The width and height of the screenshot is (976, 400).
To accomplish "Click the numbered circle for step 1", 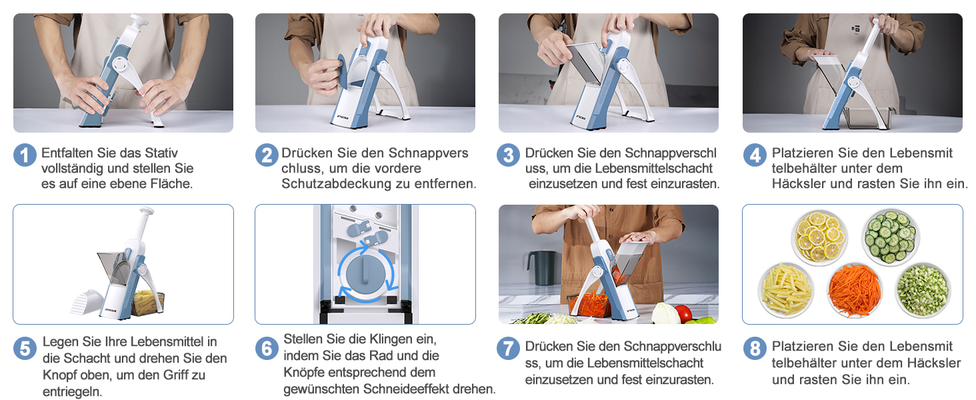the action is click(x=25, y=155).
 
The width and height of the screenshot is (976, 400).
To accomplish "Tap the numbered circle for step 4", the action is click(x=755, y=155).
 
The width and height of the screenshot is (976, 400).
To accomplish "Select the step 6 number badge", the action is click(x=267, y=349).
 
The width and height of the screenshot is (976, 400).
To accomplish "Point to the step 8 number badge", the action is click(x=755, y=349).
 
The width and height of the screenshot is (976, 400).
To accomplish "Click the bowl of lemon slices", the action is click(x=819, y=237).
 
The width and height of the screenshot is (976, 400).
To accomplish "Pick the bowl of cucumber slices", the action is click(x=890, y=237).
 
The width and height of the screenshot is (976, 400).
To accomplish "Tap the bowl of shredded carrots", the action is click(x=855, y=291).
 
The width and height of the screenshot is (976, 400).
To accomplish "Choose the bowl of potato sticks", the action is click(x=786, y=290).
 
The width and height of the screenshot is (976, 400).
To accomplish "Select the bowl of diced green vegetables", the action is click(x=923, y=291).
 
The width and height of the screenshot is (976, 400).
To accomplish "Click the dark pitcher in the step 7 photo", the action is click(x=542, y=267).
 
